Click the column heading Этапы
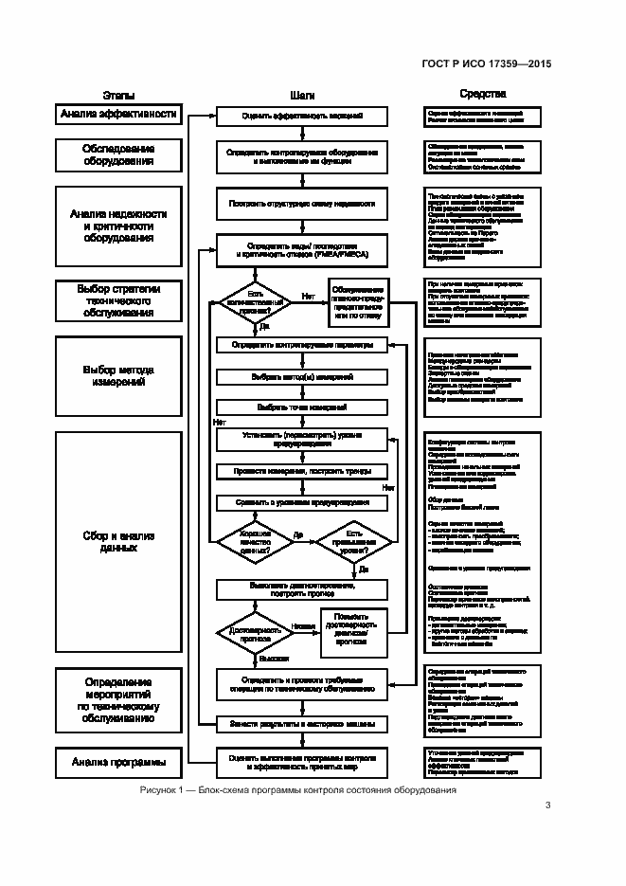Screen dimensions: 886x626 click(118, 95)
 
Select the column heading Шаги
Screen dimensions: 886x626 click(302, 95)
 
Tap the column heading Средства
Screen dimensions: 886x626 click(482, 95)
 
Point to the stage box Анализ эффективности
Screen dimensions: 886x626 click(118, 115)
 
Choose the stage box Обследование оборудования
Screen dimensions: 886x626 click(118, 155)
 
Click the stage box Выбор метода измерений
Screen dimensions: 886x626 click(118, 376)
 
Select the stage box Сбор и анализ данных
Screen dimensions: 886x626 click(118, 543)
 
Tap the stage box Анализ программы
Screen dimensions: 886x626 click(118, 761)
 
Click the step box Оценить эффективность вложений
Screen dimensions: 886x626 click(302, 117)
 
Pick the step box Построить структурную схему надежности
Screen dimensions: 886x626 click(302, 203)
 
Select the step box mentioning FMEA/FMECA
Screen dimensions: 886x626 click(302, 250)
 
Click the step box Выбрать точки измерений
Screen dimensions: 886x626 click(302, 407)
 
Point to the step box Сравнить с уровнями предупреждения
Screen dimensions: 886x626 click(302, 501)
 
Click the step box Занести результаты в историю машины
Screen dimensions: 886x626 click(302, 724)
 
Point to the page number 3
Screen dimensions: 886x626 click(547, 805)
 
